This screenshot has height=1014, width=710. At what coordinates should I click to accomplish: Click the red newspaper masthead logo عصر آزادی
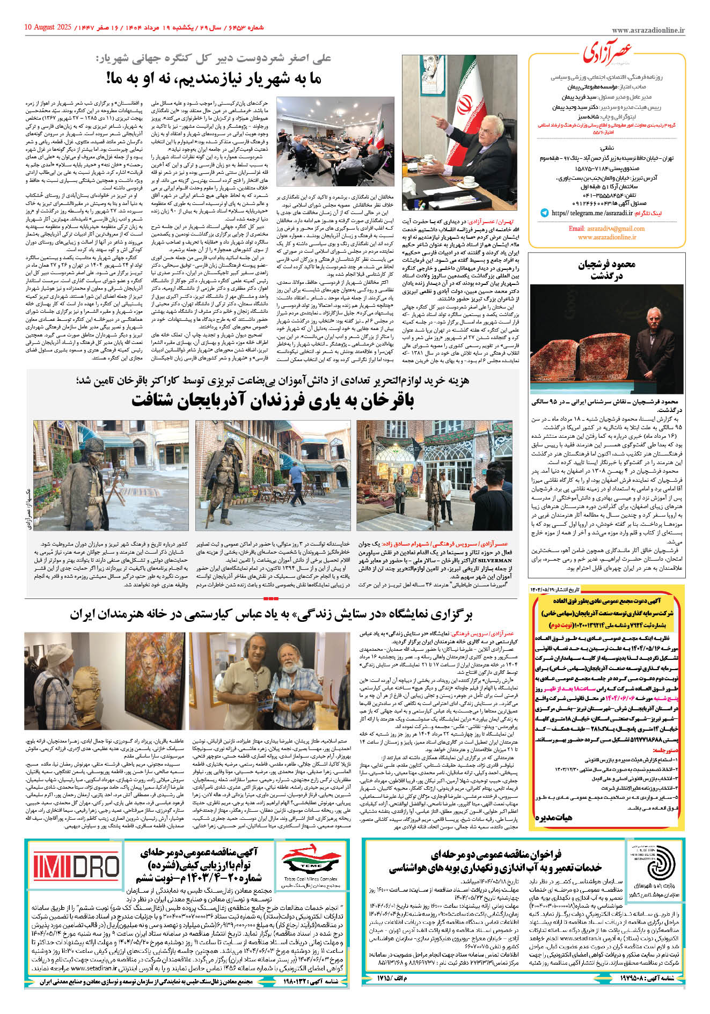pyautogui.click(x=607, y=53)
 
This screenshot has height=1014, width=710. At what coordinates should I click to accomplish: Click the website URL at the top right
pyautogui.click(x=648, y=31)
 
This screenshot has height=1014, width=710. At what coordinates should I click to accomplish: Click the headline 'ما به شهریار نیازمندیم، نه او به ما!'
pyautogui.click(x=214, y=78)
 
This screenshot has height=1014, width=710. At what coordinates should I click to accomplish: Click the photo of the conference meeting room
pyautogui.click(x=335, y=142)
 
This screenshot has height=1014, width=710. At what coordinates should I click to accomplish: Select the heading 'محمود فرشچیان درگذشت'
pyautogui.click(x=606, y=270)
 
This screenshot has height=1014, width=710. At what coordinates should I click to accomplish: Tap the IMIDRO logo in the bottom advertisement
pyautogui.click(x=76, y=867)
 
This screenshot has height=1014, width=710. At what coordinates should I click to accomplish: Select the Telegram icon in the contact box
pyautogui.click(x=545, y=213)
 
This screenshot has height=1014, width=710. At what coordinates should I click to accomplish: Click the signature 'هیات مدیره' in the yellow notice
pyautogui.click(x=553, y=817)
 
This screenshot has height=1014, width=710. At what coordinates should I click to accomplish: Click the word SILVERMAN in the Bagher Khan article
pyautogui.click(x=494, y=560)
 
